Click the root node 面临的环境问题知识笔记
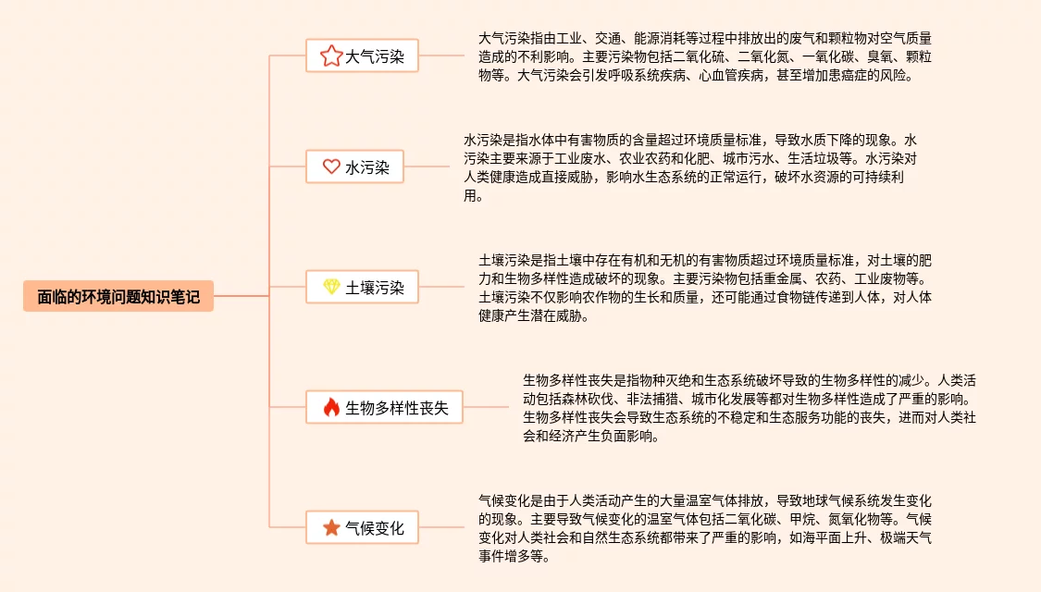pyautogui.click(x=118, y=297)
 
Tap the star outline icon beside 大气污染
pyautogui.click(x=330, y=56)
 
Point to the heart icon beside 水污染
pyautogui.click(x=331, y=167)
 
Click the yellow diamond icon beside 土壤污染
pyautogui.click(x=331, y=288)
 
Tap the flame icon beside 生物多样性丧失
pyautogui.click(x=331, y=407)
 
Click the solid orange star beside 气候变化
pyautogui.click(x=331, y=528)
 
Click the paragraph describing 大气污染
pyautogui.click(x=703, y=57)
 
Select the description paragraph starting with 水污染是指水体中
pyautogui.click(x=689, y=167)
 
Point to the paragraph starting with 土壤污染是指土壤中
pyautogui.click(x=703, y=288)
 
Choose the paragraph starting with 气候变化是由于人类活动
pyautogui.click(x=703, y=528)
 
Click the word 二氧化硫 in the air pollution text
pyautogui.click(x=703, y=57)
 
